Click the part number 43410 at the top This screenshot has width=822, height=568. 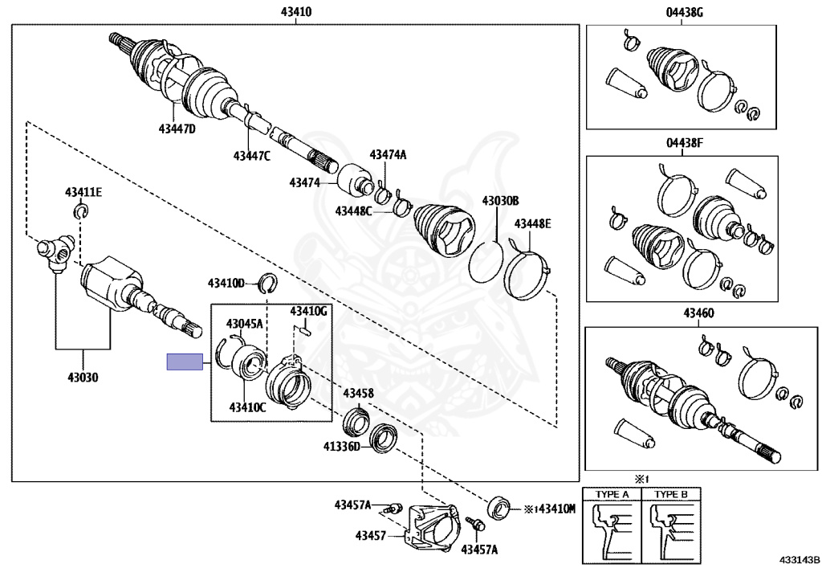click(x=295, y=12)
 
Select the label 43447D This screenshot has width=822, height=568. click(x=177, y=129)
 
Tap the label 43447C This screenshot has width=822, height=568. click(x=252, y=155)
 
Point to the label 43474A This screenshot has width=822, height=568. click(x=388, y=154)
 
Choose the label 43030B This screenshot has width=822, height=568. click(x=500, y=201)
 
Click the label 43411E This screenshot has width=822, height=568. click(x=83, y=192)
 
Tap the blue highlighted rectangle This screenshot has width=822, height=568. click(x=185, y=362)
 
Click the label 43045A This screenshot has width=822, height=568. click(x=244, y=324)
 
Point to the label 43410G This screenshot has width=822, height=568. click(x=309, y=310)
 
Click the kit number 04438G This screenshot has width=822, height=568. click(x=683, y=12)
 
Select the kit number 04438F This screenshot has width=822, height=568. click(x=683, y=143)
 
